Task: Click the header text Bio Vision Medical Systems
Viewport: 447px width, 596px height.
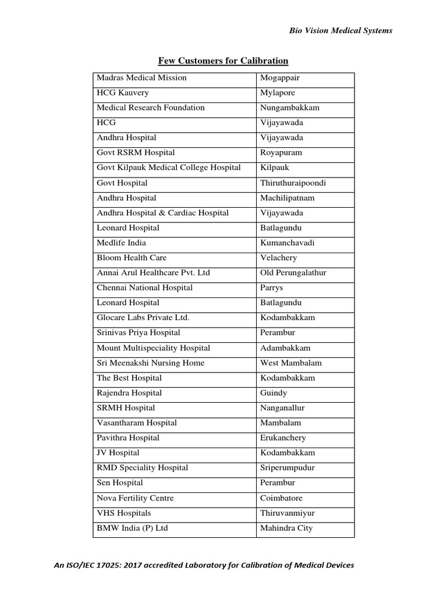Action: [340, 31]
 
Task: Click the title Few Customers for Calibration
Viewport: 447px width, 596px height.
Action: [223, 61]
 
